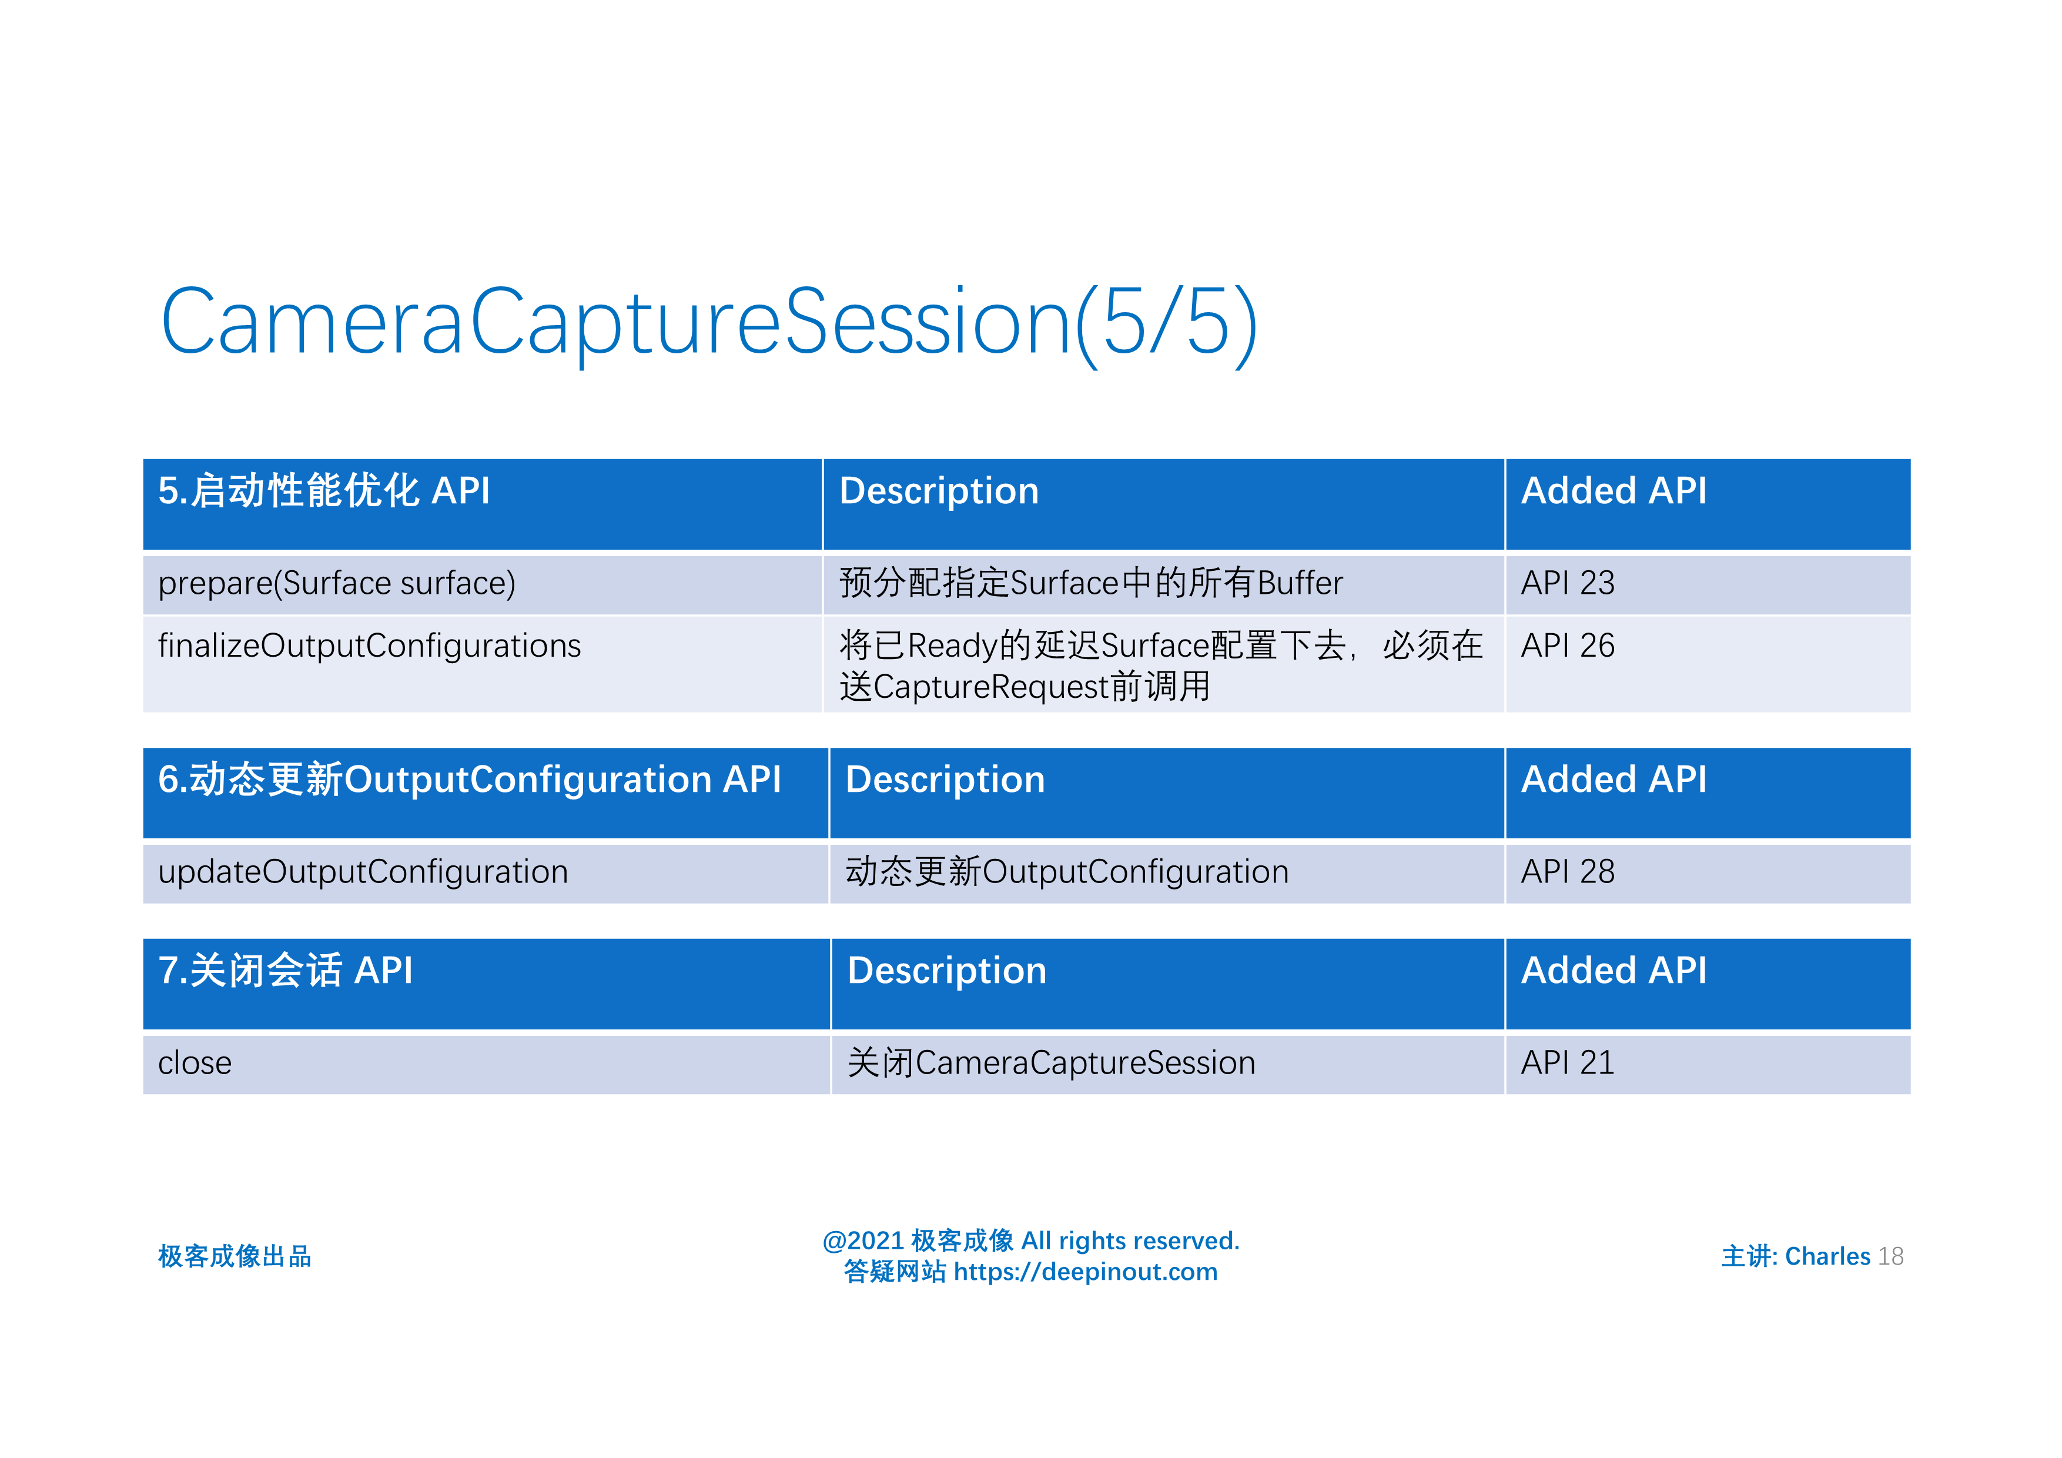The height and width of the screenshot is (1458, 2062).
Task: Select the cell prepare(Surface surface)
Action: point(337,584)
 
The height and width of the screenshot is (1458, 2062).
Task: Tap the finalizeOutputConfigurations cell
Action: point(369,646)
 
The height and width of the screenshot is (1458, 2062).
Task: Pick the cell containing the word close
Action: point(195,1064)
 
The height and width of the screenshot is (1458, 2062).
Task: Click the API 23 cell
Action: point(1567,584)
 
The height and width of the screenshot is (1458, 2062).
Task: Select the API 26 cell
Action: point(1567,646)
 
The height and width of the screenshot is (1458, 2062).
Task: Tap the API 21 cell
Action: point(1567,1064)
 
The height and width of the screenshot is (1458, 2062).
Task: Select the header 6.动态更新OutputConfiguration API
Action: point(470,780)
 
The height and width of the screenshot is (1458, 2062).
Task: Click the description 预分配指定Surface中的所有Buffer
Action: point(1090,584)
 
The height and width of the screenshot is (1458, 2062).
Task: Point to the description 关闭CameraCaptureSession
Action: point(1051,1064)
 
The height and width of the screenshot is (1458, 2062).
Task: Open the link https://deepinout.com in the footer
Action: point(1085,1272)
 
